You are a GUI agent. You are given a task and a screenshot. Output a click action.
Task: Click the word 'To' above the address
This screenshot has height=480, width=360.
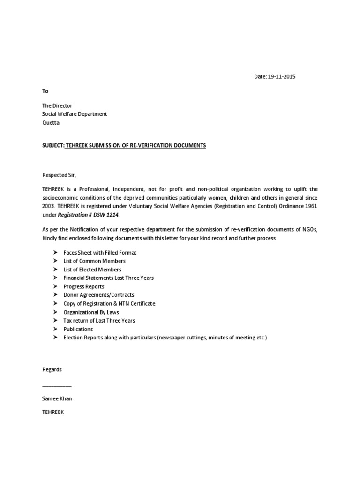coord(45,91)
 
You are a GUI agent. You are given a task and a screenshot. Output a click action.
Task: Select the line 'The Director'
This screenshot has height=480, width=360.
coord(57,106)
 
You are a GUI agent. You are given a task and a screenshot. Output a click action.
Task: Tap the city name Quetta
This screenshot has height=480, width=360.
coord(51,123)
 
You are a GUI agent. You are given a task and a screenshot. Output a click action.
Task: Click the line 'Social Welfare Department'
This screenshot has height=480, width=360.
coord(75,114)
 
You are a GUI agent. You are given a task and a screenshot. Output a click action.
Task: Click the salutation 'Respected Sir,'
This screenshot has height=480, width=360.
coord(59,175)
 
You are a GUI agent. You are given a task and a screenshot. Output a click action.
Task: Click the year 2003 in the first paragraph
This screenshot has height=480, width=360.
coord(48,206)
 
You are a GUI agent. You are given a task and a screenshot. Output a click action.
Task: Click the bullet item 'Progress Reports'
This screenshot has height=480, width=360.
coord(84,286)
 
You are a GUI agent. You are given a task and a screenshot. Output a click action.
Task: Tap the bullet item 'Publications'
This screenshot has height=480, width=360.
coord(78,329)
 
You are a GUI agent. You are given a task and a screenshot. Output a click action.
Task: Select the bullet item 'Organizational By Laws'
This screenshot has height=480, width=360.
coord(91,312)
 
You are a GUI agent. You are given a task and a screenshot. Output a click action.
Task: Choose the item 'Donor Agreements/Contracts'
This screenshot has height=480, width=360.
coord(99,295)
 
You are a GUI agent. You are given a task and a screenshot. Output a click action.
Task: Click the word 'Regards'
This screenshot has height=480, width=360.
coord(52,369)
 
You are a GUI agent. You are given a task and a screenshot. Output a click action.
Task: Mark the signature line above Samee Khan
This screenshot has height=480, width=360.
coord(57,386)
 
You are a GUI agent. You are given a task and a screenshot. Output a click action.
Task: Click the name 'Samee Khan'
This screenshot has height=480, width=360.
coord(57,398)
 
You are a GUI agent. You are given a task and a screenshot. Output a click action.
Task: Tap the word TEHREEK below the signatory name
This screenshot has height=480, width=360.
coord(53,412)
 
